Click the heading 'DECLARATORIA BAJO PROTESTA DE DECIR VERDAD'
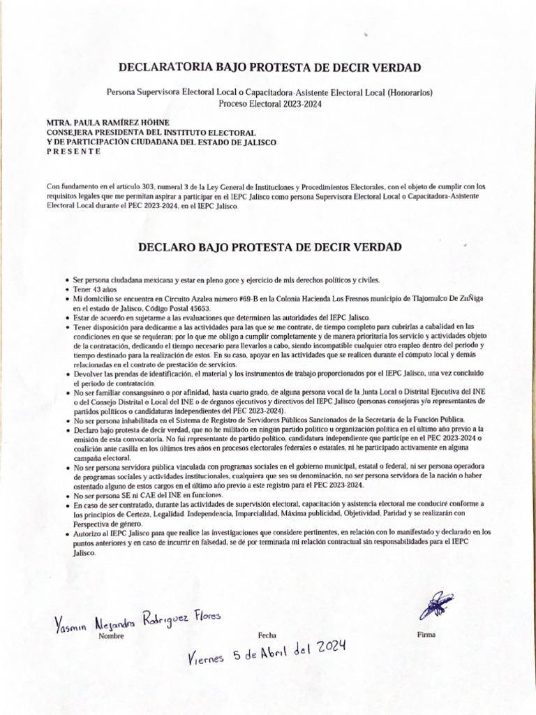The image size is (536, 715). pos(269,68)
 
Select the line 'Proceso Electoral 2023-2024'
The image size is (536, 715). pos(269,103)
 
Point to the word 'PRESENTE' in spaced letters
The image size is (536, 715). pos(73,152)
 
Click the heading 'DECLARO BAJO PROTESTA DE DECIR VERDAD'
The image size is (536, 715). pos(269,247)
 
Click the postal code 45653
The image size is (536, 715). pos(196,308)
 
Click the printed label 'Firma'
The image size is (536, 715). pos(426,635)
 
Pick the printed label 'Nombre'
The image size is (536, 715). pos(111,636)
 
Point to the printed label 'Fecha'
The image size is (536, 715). pos(267,635)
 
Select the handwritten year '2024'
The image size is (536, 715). pos(328,649)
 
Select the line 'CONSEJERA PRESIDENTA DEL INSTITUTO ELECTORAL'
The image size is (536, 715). pos(151,132)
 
